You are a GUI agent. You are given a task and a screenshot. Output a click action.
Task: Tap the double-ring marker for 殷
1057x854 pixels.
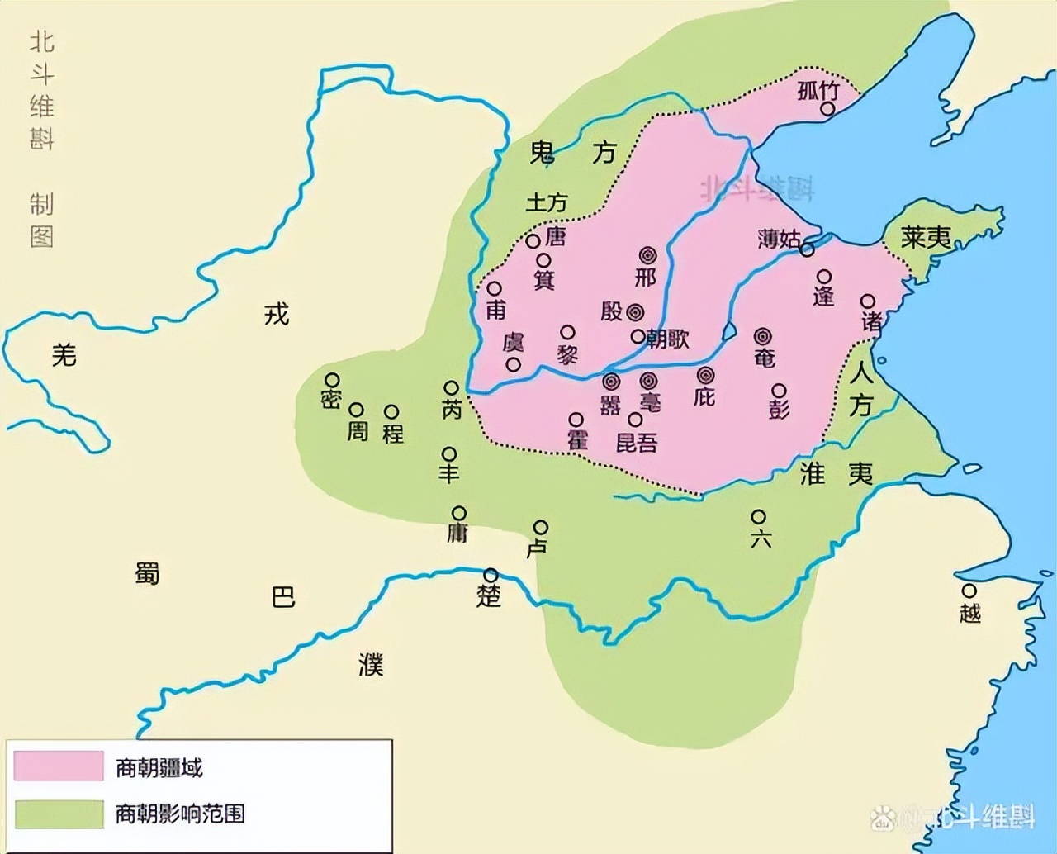pos(634,311)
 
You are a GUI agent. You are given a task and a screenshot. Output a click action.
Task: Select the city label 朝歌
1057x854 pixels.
pos(667,338)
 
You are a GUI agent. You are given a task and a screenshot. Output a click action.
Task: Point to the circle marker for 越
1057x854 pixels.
pos(969,591)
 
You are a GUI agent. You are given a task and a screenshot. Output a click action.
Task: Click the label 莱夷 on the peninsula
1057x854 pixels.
pos(926,239)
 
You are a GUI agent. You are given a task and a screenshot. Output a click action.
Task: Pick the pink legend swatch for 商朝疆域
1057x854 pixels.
pos(59,766)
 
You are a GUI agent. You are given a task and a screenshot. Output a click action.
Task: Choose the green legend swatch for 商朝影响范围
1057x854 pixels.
pos(59,814)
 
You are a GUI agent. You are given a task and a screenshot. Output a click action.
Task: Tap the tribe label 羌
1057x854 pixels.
pos(64,355)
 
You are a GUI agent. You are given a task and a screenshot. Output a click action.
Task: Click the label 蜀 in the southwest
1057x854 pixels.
pos(147,572)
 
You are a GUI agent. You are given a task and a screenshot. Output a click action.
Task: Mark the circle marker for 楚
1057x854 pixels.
pos(491,575)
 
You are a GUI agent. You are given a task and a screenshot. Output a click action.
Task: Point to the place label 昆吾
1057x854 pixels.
pos(637,443)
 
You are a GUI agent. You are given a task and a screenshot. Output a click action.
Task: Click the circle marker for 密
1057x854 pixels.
pos(332,379)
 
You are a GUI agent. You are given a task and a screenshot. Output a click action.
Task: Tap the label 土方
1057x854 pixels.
pos(547,202)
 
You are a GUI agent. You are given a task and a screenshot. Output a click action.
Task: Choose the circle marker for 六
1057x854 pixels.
pos(758,516)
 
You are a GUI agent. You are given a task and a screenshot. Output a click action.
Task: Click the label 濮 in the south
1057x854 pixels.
pos(371,663)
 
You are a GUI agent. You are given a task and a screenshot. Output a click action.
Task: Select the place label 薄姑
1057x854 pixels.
pos(779,240)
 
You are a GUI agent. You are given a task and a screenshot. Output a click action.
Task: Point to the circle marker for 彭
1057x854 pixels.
pos(779,390)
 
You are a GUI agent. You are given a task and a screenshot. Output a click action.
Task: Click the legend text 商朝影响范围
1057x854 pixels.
pos(180,814)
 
